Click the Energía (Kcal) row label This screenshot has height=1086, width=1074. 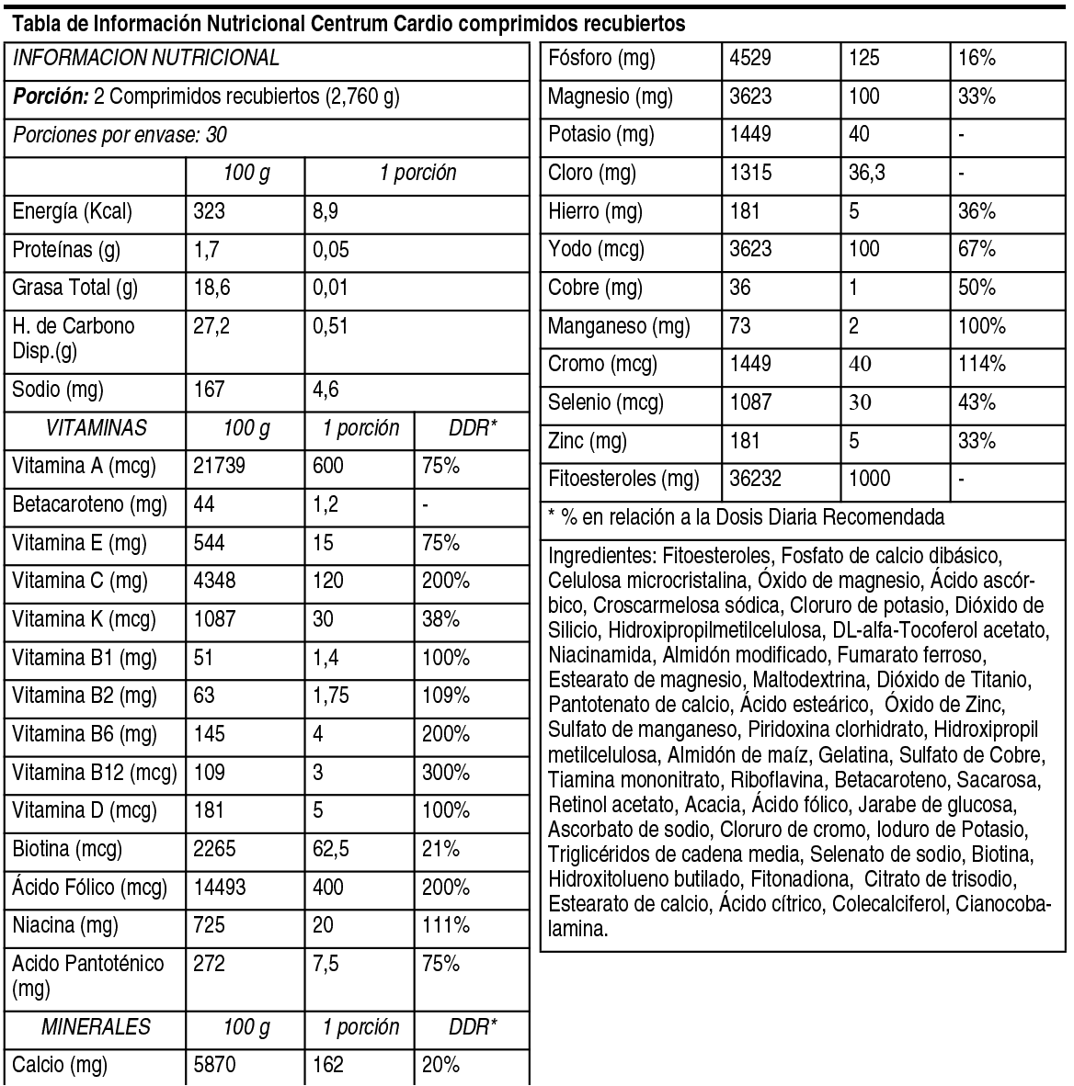point(73,212)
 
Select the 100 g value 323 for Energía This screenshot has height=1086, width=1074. point(210,212)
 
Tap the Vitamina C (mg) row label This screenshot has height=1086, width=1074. point(80,582)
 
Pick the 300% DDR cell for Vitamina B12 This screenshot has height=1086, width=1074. point(445,773)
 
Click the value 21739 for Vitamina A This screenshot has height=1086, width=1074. point(220,467)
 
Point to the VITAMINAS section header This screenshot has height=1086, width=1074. point(96,428)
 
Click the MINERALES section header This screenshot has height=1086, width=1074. point(96,1027)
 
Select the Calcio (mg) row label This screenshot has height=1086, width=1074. point(60,1066)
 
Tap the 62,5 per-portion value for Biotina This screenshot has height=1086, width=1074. point(331,850)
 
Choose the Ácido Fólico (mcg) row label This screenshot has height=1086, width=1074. point(90,888)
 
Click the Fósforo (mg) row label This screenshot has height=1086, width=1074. point(601,59)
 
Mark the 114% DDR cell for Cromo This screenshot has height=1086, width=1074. point(982,365)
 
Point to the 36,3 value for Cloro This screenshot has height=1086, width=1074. point(867,174)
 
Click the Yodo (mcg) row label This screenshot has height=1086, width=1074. point(596,250)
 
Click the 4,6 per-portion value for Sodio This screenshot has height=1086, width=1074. point(326,390)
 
